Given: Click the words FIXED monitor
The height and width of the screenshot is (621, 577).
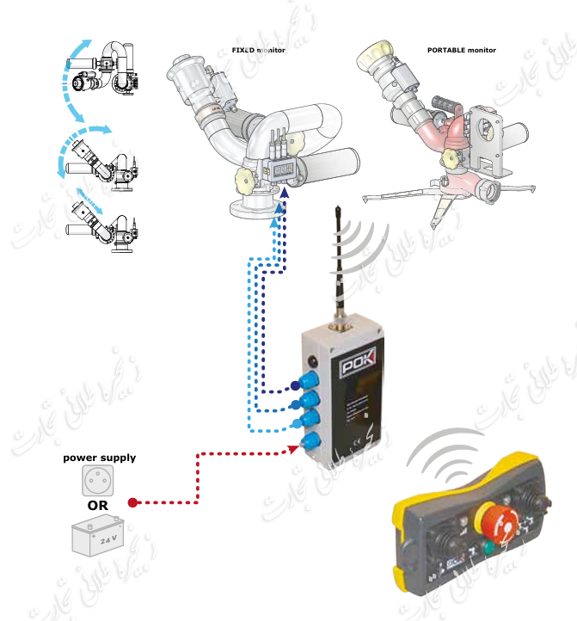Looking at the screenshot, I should pos(258,50).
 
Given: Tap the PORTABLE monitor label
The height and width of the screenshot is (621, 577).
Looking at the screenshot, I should pos(462,50).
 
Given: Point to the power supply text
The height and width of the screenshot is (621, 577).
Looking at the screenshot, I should pos(99,458).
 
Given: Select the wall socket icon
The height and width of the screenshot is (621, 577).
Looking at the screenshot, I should pos(98,481).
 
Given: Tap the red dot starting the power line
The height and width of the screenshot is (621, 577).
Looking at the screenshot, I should pos(132,502).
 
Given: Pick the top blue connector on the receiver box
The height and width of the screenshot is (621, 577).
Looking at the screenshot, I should pos(313,379).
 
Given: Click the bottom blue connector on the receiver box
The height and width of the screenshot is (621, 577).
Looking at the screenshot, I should pos(312,441).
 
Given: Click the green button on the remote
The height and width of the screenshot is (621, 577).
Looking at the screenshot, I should pos(488,547).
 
